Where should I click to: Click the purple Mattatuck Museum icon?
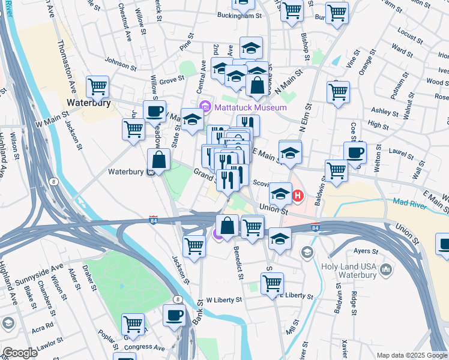206,107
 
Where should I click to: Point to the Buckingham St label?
240,16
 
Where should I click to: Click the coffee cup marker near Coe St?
355,152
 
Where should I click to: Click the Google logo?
19,353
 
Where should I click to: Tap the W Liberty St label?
224,299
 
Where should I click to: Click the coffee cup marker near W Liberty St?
175,314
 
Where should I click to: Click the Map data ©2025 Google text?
411,355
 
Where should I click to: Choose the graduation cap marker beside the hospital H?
280,193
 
